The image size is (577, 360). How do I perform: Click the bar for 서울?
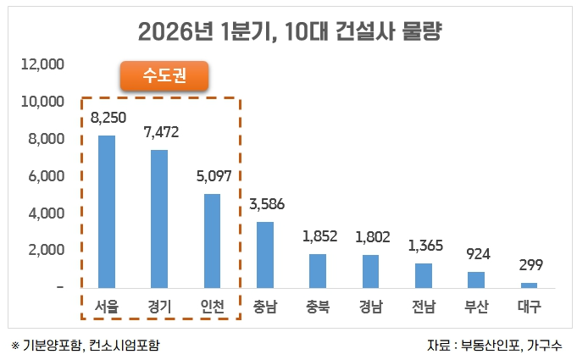pos(107,212)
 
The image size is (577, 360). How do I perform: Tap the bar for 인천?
pos(212,241)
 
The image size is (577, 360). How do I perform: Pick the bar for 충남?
pos(265,255)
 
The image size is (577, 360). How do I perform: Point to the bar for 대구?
pos(529,285)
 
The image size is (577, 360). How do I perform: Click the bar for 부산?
pos(476,280)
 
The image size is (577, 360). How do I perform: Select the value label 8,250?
pos(107,118)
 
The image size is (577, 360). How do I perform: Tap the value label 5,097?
pos(212,176)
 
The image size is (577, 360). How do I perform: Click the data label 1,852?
pos(318,237)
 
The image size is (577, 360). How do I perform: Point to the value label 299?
pos(529,265)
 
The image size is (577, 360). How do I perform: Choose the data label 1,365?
pos(424,246)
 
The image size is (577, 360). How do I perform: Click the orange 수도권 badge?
pos(164,76)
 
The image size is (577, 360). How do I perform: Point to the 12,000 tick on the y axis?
pos(42,64)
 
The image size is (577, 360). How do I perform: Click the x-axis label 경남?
pos(370,307)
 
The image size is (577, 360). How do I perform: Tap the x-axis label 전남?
pos(424,307)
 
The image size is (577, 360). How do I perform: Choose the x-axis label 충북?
pos(318,307)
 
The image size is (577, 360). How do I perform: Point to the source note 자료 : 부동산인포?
pos(496,346)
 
